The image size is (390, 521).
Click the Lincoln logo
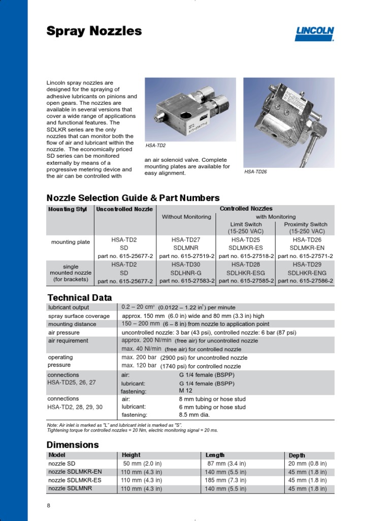[315, 34]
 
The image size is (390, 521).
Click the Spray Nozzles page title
[94, 31]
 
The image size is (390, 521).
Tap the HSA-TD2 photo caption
[156, 146]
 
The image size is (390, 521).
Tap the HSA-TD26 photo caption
[255, 172]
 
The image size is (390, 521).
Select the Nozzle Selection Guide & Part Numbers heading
[133, 198]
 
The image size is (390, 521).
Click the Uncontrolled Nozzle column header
[125, 209]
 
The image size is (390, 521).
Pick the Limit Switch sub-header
[246, 224]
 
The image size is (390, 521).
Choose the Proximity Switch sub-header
[305, 224]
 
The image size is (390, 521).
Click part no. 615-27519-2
[186, 256]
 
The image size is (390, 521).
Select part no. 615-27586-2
[305, 281]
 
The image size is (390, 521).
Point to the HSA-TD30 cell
[186, 265]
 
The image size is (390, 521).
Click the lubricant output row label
[68, 307]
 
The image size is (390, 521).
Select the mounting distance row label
[72, 324]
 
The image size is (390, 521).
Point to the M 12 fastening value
[186, 390]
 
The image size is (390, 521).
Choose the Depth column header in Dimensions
[297, 455]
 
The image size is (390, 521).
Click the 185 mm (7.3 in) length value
[226, 480]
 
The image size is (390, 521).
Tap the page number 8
[49, 505]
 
